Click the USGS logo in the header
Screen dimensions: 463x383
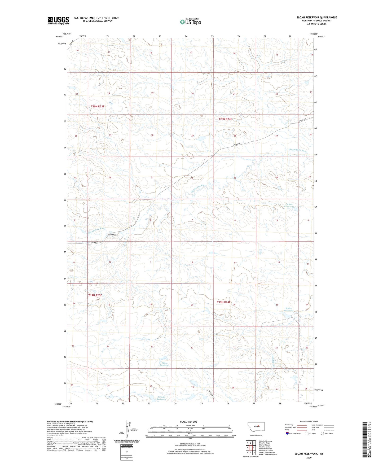pos(58,20)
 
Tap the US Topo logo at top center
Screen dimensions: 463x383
pos(190,22)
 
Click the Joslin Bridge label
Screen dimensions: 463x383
pos(112,235)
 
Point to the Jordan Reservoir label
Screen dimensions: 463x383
pos(289,205)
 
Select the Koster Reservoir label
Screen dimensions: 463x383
pos(288,309)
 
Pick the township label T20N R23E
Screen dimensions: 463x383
pos(98,106)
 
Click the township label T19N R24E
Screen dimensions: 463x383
pos(224,302)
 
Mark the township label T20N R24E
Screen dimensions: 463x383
pos(225,119)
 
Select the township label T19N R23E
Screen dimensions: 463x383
pos(95,295)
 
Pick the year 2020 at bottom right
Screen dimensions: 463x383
pos(309,457)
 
